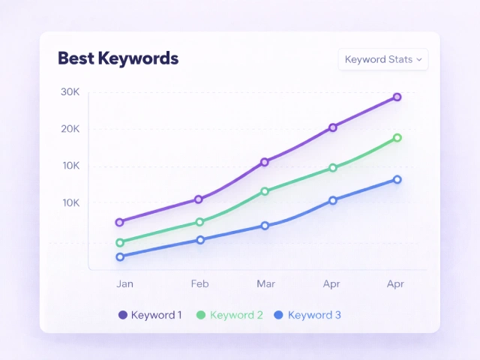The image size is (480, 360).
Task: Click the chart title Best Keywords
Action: coord(118,58)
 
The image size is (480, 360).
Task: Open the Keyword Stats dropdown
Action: coord(382,59)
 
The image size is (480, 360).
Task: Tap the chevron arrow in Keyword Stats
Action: coord(419,59)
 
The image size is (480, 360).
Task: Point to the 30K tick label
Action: coord(70,92)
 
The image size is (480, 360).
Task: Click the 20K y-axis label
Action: coord(70,129)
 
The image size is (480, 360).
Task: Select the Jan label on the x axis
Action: coord(124,283)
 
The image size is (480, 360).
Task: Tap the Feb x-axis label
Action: coord(199,283)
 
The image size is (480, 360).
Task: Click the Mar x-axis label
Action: coord(265,283)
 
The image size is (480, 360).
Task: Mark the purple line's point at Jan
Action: coord(119,222)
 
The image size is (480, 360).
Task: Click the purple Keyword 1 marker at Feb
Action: coord(199,199)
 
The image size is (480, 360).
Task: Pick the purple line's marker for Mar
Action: coord(265,162)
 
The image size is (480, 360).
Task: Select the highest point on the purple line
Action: coord(397,97)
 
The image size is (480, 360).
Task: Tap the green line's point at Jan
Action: coord(120,242)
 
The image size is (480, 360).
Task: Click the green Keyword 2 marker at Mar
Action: coord(265,191)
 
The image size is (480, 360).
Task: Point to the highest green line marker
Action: coord(397,138)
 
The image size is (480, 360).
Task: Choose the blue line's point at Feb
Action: coord(200,240)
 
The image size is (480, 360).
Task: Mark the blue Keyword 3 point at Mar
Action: coord(265,226)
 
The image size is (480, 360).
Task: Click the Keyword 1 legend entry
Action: coord(150,315)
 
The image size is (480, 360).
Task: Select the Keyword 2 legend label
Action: coord(236,315)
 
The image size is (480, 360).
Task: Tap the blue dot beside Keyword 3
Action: coord(279,315)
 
